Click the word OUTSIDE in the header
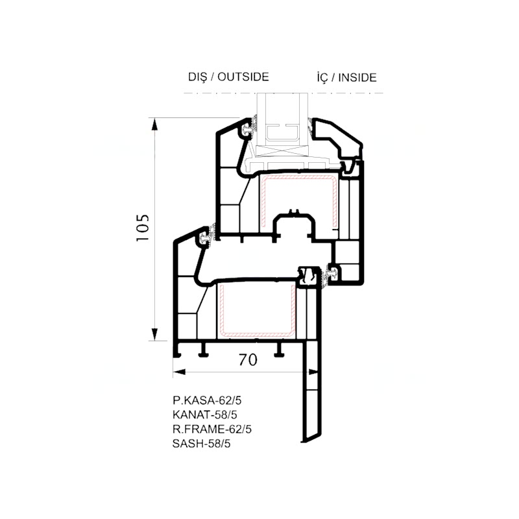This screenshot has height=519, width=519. click(x=243, y=77)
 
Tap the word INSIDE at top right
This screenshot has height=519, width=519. click(x=357, y=77)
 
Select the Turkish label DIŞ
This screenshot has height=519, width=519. click(x=198, y=77)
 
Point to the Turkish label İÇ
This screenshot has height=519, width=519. click(x=322, y=77)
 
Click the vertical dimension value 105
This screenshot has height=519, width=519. click(x=143, y=228)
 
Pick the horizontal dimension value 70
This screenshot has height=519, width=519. click(x=248, y=360)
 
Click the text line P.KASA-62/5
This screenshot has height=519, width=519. click(x=207, y=400)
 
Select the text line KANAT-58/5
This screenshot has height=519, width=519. click(x=205, y=415)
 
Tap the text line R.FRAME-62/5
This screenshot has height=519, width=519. click(x=212, y=429)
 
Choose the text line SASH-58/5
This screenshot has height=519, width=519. click(x=202, y=444)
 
